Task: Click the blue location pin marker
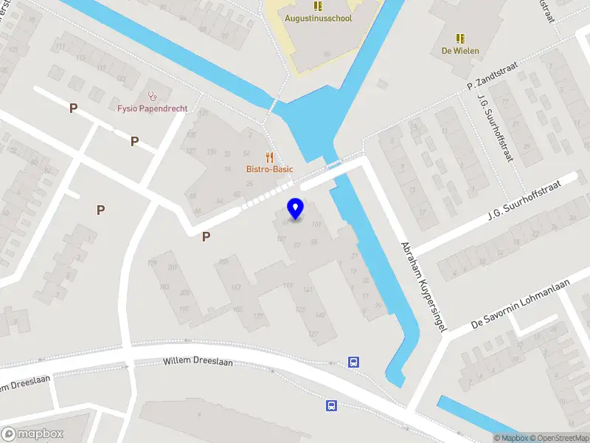point(296,208)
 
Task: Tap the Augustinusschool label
point(318,18)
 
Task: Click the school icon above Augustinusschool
point(318,5)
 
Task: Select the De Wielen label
point(460,51)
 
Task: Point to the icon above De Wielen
point(460,38)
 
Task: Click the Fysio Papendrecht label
point(152,109)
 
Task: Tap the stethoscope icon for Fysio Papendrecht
point(153,95)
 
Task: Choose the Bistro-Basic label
point(269,169)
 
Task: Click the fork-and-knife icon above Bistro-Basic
point(269,157)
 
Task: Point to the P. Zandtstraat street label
point(493,77)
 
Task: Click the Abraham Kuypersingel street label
point(424,286)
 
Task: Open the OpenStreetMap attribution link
point(559,438)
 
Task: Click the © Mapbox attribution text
point(511,438)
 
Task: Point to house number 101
point(316,224)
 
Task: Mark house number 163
point(236,287)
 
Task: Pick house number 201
point(172,267)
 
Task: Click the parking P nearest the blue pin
point(206,236)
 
